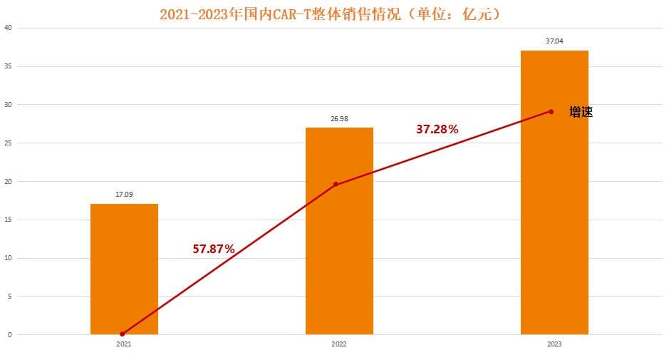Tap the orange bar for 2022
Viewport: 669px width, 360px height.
[x=339, y=235]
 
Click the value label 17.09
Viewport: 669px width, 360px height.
[x=124, y=193]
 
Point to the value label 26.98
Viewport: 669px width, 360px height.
[x=339, y=118]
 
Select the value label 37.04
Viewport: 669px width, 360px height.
[x=554, y=41]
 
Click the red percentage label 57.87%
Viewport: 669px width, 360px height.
[x=214, y=249]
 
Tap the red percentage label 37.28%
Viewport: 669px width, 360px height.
[x=437, y=129]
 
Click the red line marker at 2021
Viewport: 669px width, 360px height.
[x=123, y=334]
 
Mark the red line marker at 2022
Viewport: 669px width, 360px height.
[x=336, y=185]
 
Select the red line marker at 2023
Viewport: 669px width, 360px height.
[x=551, y=111]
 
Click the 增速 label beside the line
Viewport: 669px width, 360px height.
[x=581, y=112]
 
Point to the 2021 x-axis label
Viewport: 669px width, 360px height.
[x=124, y=344]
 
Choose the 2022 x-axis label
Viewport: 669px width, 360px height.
[x=339, y=344]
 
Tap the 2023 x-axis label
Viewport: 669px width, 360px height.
[x=554, y=344]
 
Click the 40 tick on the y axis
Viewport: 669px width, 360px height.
[x=8, y=28]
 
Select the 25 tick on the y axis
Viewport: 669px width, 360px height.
[x=8, y=143]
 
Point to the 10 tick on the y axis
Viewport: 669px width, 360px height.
[x=8, y=258]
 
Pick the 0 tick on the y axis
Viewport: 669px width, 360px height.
[x=9, y=334]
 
